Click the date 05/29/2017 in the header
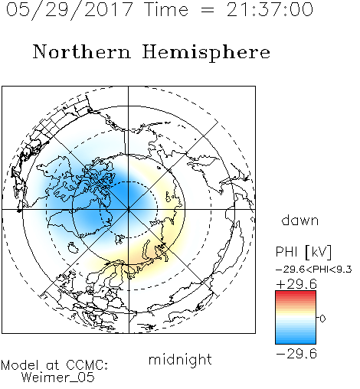(x=69, y=9)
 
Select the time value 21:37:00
(x=270, y=9)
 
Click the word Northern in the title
(x=82, y=51)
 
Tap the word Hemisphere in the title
(x=206, y=53)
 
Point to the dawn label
(x=300, y=221)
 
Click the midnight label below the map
(x=180, y=359)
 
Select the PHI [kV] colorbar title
(x=303, y=252)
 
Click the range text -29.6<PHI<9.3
(x=314, y=270)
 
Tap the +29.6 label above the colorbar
(x=296, y=284)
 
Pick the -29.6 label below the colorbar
(x=296, y=354)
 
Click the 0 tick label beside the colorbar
(x=322, y=319)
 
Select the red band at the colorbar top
(x=296, y=294)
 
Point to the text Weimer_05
(x=57, y=377)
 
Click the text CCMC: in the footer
(x=87, y=365)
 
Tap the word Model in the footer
(x=20, y=365)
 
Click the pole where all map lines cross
(x=129, y=210)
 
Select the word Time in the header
(x=166, y=9)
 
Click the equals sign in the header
(x=208, y=10)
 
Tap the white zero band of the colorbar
(x=296, y=318)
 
